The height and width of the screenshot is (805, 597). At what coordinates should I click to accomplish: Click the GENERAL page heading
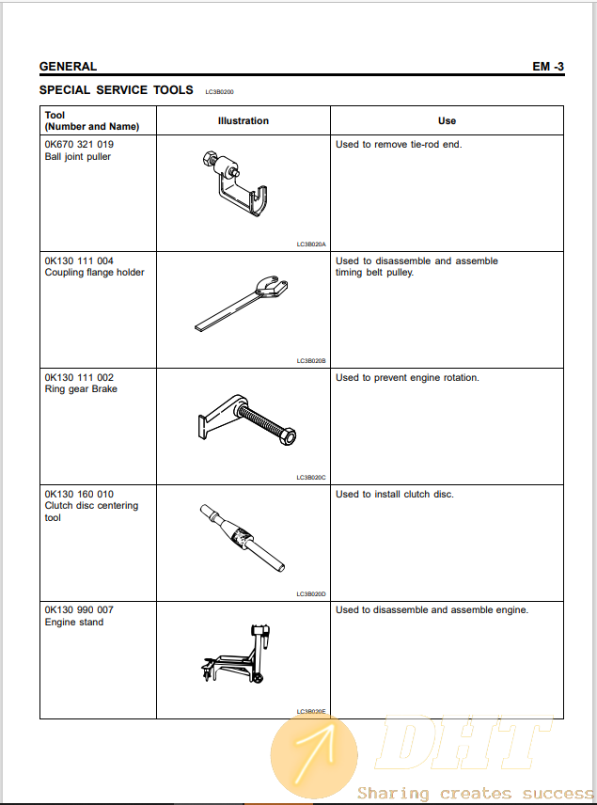point(68,67)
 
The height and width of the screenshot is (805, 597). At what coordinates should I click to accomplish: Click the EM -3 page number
point(547,67)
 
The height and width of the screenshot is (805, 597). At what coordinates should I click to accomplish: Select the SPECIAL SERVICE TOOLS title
point(117,90)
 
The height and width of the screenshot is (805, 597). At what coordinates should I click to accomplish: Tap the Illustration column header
point(244,120)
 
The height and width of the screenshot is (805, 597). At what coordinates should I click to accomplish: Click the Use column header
point(447,120)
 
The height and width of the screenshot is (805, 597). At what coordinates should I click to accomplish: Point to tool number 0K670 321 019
point(79,145)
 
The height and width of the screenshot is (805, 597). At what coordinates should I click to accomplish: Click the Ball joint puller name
point(78,157)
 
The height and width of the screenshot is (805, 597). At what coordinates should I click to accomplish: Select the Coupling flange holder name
point(94,273)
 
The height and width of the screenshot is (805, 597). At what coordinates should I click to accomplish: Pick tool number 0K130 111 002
point(79,377)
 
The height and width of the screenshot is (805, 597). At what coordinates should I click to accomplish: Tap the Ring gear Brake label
point(81,389)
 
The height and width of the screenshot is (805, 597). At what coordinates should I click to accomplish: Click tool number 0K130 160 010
point(79,494)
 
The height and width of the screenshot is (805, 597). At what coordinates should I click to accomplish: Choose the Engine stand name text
point(74,622)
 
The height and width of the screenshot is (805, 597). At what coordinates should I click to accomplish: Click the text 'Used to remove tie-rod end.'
point(399,145)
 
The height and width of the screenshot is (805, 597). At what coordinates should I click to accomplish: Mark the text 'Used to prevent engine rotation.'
point(407,377)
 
